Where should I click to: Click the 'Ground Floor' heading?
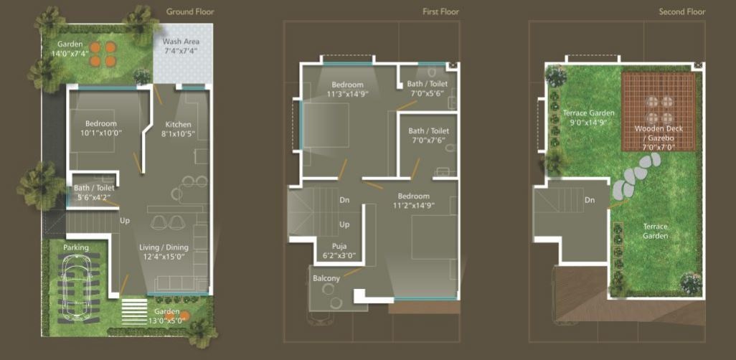(x=189, y=11)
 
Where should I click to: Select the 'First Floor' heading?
(x=440, y=11)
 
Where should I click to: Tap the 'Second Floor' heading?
(x=682, y=11)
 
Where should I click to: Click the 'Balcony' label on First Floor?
(x=326, y=278)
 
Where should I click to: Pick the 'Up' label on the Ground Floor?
(x=125, y=220)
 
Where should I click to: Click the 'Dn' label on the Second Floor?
(x=590, y=200)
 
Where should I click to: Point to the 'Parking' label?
(x=75, y=248)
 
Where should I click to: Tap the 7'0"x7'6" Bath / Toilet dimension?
(x=428, y=141)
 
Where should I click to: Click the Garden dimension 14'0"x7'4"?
(x=70, y=54)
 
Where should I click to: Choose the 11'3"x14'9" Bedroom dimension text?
(x=348, y=94)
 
